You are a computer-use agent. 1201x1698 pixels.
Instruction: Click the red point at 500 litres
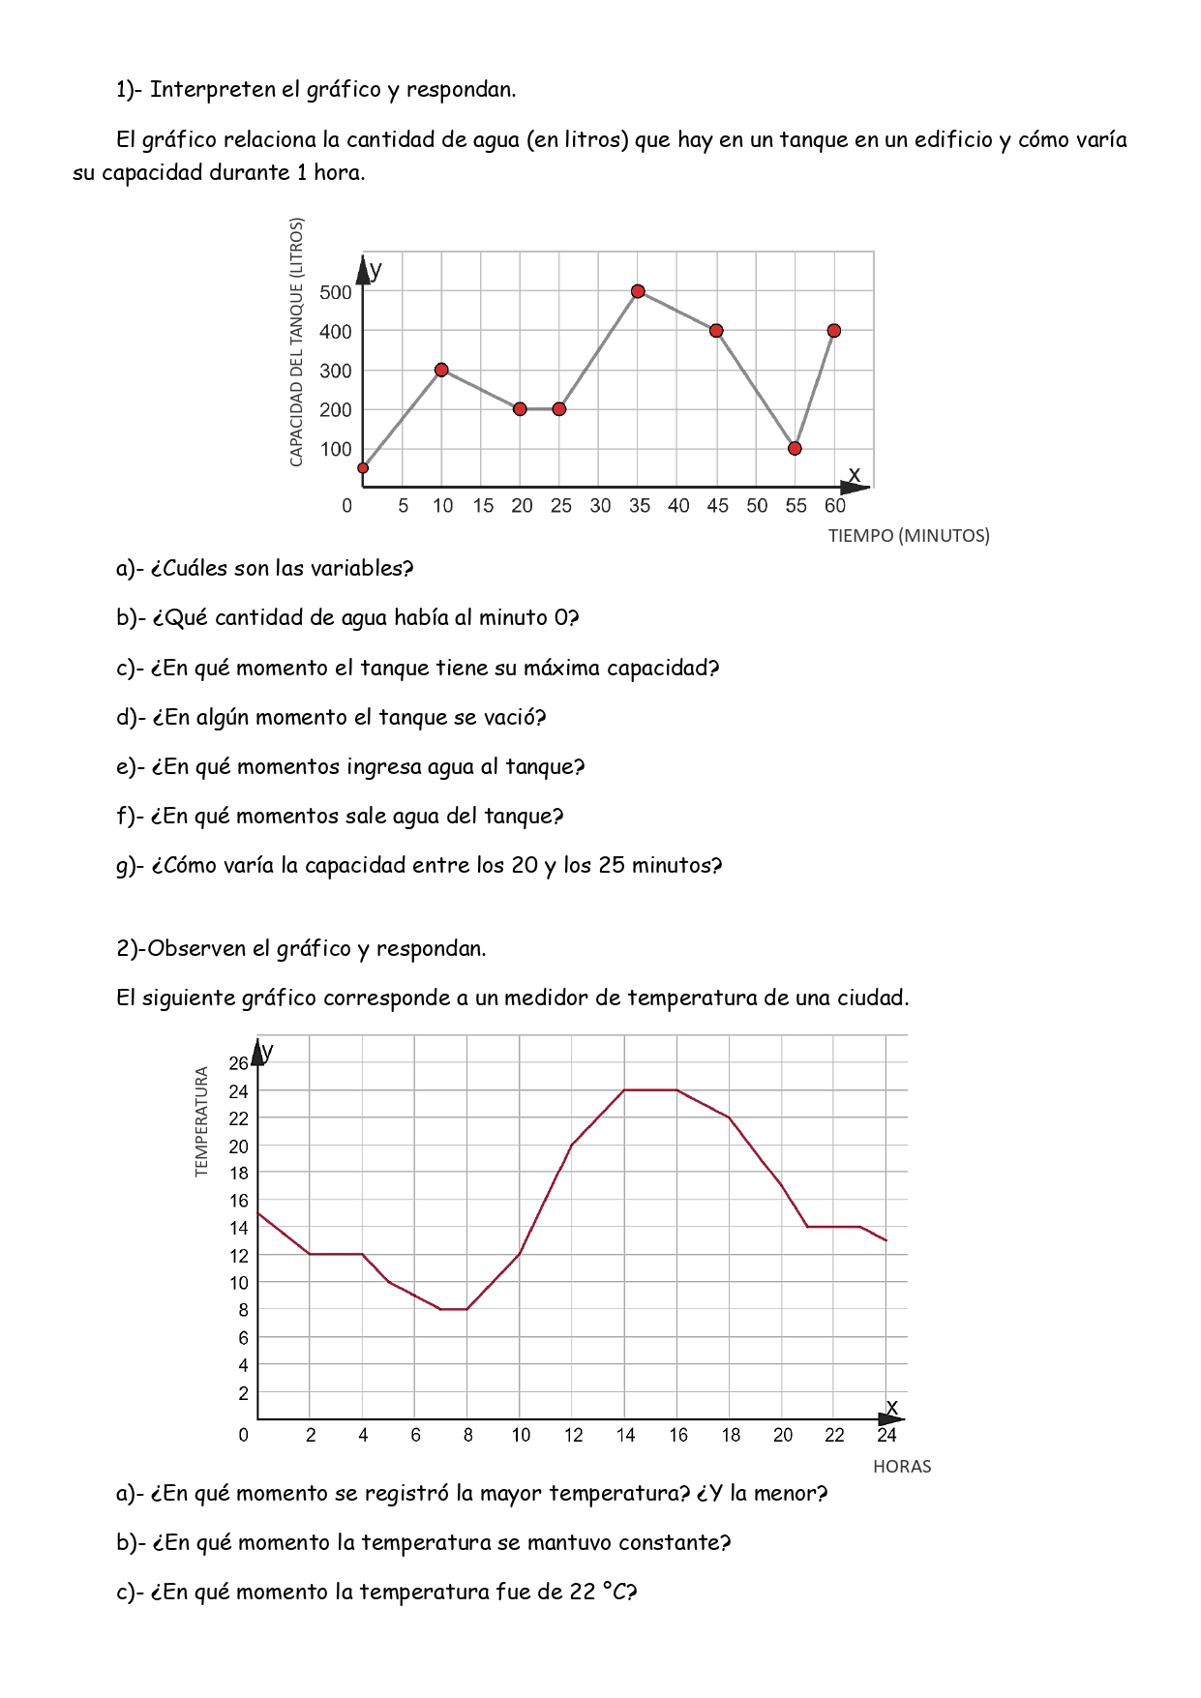[x=638, y=291]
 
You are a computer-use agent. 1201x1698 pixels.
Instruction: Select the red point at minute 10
[x=441, y=370]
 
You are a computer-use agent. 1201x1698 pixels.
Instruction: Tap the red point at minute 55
[x=795, y=448]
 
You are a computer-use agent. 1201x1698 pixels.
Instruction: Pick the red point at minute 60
[x=834, y=331]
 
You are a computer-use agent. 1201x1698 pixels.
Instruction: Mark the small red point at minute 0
[x=363, y=468]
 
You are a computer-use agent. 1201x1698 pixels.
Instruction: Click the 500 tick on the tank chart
[x=335, y=292]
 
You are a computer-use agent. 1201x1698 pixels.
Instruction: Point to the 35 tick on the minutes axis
[x=639, y=506]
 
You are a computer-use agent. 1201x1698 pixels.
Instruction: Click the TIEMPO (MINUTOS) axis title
[x=909, y=536]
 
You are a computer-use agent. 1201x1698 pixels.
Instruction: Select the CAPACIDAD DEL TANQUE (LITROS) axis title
[x=297, y=342]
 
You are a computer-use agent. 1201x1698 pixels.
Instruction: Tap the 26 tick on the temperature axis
[x=238, y=1063]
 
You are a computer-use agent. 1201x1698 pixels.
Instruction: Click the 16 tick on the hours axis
[x=677, y=1435]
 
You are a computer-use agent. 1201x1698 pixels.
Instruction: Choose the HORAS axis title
[x=902, y=1467]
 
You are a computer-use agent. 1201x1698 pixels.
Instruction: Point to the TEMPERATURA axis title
[x=202, y=1121]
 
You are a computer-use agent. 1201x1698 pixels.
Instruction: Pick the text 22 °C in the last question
[x=600, y=1593]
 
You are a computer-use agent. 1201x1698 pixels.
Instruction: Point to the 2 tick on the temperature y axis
[x=243, y=1393]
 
